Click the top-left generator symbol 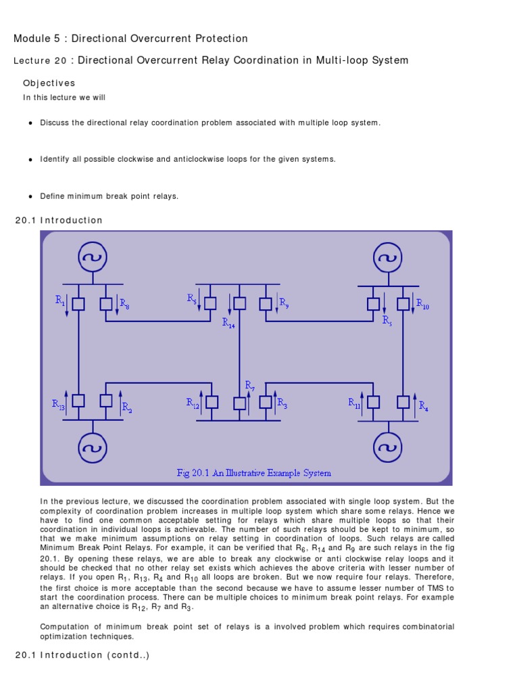click(x=93, y=257)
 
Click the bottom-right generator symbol click(x=387, y=446)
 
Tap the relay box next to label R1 click(x=79, y=304)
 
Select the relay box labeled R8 click(x=106, y=304)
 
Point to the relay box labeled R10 click(x=403, y=304)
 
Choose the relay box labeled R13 click(x=79, y=401)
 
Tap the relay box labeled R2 click(x=106, y=401)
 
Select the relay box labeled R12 click(x=212, y=401)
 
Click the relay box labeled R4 click(x=403, y=401)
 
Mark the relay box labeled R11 click(x=374, y=401)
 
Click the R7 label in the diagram click(x=250, y=386)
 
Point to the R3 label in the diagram click(x=282, y=405)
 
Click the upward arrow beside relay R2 click(x=120, y=399)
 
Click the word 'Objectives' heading click(x=49, y=83)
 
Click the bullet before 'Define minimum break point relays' click(x=31, y=196)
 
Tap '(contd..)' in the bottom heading click(x=126, y=654)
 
